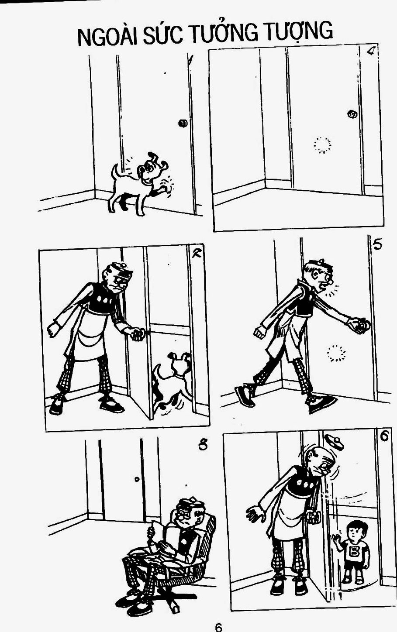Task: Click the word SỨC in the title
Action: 162,34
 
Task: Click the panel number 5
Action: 377,244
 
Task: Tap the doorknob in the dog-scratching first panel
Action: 183,123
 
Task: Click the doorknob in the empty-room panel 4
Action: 352,114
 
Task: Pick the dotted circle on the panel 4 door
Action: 322,145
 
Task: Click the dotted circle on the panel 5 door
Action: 336,353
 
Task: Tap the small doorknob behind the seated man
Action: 137,479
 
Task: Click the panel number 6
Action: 384,436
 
